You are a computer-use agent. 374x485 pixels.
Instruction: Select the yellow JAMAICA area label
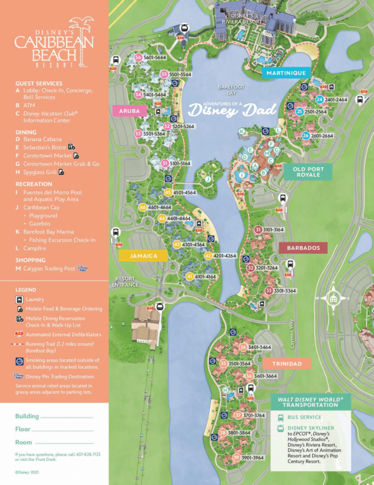pos(143,256)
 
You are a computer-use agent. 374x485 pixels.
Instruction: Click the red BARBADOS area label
pos(303,248)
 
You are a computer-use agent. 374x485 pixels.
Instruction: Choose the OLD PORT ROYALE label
pos(306,171)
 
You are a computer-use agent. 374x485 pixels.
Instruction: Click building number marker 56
pos(139,57)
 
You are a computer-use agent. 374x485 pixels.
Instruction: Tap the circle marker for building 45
pos(168,193)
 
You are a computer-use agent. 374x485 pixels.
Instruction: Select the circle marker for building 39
pos(236,458)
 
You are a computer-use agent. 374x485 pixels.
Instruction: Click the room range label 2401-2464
pos(336,100)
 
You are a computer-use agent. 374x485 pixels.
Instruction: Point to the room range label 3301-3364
pos(286,291)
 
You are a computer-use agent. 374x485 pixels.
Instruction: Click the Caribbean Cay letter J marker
pos(207,179)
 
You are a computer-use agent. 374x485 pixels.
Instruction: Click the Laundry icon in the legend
pos(19,299)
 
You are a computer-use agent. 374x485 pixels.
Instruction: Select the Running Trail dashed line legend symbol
pos(19,344)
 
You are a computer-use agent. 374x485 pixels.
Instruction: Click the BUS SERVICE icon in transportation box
pos(280,417)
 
